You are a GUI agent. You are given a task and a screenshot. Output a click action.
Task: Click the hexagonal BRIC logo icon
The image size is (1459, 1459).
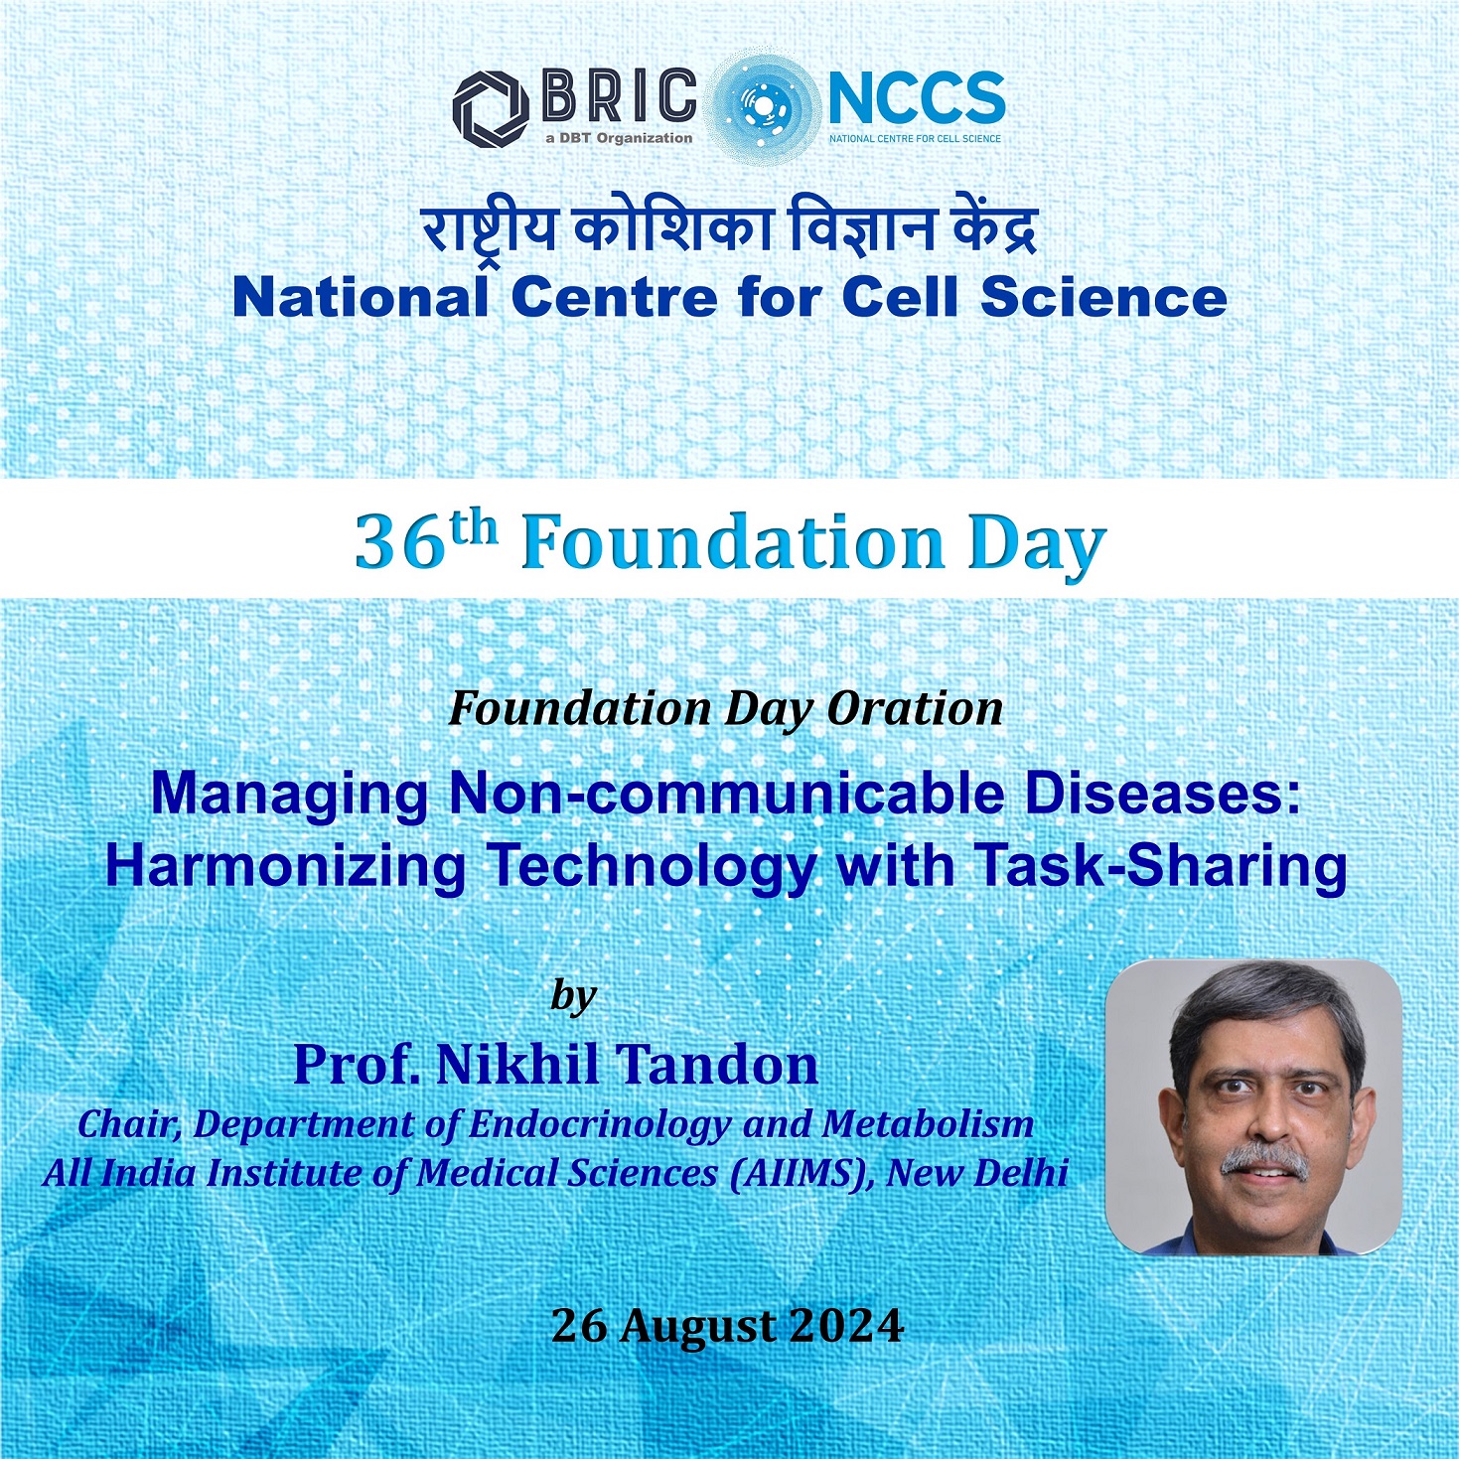(x=491, y=108)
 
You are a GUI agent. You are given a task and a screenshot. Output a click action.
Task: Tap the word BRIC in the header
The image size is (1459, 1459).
(x=619, y=97)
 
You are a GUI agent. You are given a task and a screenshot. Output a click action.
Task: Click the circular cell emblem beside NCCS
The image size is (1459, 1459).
(x=763, y=104)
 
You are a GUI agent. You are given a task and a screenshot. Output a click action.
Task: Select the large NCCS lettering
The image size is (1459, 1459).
(x=916, y=98)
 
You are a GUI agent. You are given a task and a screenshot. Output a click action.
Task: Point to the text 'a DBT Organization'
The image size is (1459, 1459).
(x=619, y=138)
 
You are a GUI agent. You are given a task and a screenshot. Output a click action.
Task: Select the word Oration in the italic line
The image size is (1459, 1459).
(x=915, y=709)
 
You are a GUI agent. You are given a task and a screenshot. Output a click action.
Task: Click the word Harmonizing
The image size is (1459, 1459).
(x=285, y=866)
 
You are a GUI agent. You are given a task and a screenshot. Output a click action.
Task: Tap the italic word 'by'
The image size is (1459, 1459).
(x=574, y=995)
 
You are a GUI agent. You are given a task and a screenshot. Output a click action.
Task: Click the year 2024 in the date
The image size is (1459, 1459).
(x=847, y=1326)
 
